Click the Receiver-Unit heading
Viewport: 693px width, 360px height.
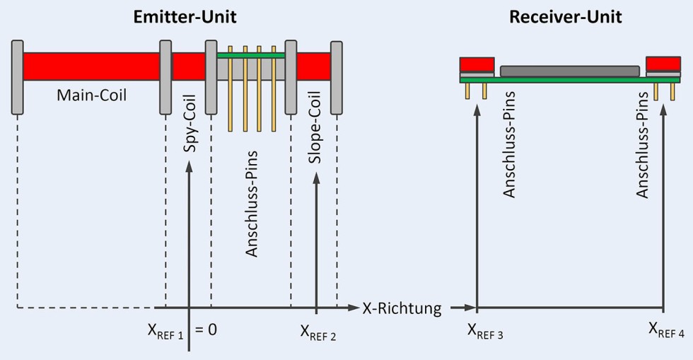coord(565,17)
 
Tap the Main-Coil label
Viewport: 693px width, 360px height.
coord(92,94)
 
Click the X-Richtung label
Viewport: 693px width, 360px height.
coord(402,308)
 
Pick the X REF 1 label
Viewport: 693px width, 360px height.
coord(164,330)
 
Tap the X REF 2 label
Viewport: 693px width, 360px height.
coord(318,331)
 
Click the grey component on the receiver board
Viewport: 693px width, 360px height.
coord(569,71)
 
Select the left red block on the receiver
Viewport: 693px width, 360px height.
coord(477,64)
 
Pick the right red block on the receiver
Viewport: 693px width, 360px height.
coord(663,64)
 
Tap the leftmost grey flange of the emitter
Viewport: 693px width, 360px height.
coord(18,78)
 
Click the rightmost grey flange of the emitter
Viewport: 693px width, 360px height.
coord(337,78)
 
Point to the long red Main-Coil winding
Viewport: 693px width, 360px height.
coord(92,66)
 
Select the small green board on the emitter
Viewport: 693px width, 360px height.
coord(251,55)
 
